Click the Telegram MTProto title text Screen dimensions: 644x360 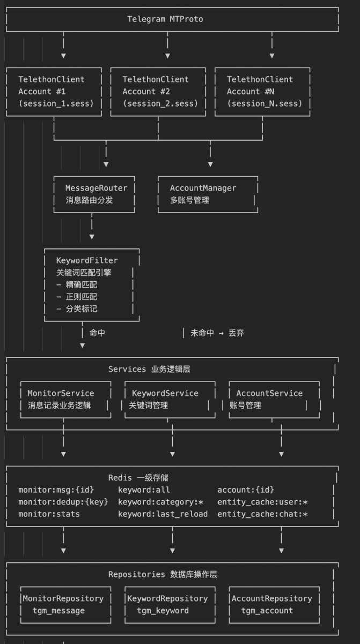[x=165, y=19]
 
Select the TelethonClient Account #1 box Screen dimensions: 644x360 [x=54, y=91]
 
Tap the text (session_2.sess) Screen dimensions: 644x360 [x=160, y=104]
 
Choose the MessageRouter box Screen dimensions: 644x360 [x=94, y=194]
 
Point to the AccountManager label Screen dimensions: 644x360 [x=203, y=188]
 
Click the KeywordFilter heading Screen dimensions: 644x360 [x=87, y=260]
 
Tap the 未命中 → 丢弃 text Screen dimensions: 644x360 [x=217, y=333]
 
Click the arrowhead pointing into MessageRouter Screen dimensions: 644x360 [x=106, y=164]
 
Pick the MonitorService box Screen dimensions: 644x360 [x=64, y=399]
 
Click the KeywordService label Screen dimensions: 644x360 [x=165, y=393]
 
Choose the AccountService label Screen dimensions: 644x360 [x=269, y=393]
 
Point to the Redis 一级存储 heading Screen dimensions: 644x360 [x=139, y=478]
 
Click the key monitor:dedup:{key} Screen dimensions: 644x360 [x=63, y=502]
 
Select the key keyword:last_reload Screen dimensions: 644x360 [x=163, y=514]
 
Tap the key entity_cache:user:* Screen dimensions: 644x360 [x=262, y=502]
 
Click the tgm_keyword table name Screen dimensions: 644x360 [x=163, y=611]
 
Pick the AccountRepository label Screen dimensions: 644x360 [x=271, y=598]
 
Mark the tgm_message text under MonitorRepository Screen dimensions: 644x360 [x=58, y=611]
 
